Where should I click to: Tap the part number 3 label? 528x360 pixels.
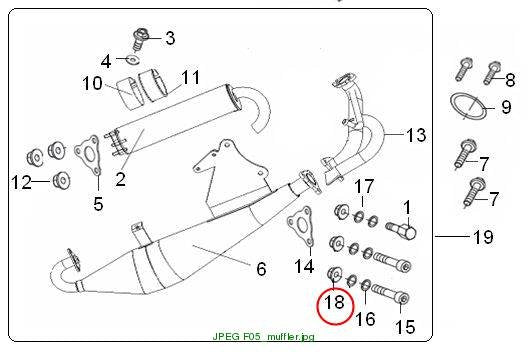[170, 38]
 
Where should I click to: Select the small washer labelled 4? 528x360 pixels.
[133, 60]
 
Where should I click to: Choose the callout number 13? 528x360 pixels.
[416, 135]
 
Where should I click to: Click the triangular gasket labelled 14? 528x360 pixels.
[300, 226]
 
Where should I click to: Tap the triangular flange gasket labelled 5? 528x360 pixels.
[88, 155]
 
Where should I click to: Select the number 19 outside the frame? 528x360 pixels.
[483, 237]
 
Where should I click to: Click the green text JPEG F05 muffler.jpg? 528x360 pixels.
[263, 336]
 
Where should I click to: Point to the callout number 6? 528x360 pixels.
[261, 269]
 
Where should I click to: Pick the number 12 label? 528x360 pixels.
[21, 183]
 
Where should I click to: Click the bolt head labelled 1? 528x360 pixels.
[407, 232]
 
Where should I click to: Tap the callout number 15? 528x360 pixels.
[405, 327]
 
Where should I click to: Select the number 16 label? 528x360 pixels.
[365, 319]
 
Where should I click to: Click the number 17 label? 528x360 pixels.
[364, 186]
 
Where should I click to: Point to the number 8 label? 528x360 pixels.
[510, 80]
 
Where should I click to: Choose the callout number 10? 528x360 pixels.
[92, 83]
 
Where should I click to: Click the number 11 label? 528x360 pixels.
[191, 77]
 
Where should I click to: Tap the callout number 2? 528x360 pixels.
[121, 179]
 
